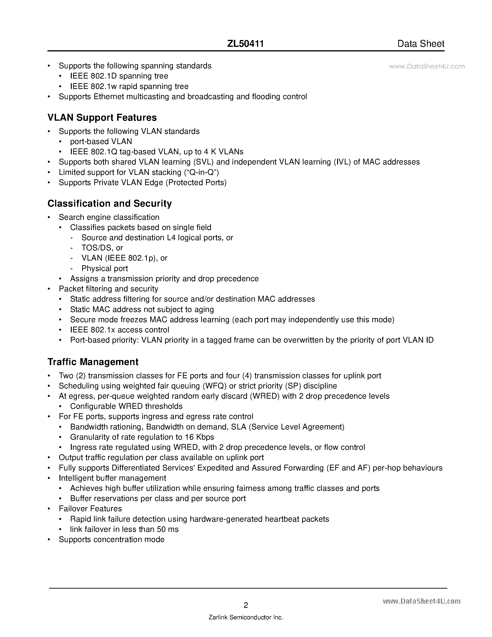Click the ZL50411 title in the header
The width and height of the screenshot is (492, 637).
point(245,44)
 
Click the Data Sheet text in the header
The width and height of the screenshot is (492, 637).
point(421,44)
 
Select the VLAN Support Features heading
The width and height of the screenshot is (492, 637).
point(102,117)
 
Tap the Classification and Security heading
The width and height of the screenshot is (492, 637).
point(110,203)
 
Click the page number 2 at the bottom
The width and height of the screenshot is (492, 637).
point(246,605)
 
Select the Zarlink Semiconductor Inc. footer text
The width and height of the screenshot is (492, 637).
point(246,618)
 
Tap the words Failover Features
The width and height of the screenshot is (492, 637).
point(90,509)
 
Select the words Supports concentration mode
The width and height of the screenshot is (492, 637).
point(112,539)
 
